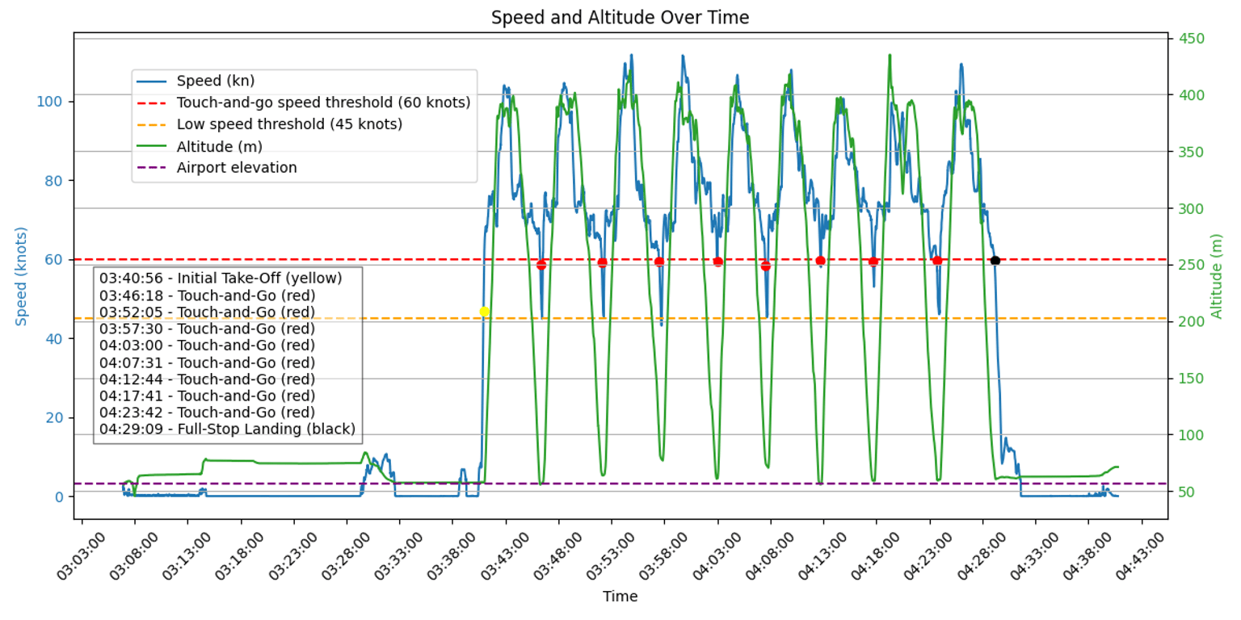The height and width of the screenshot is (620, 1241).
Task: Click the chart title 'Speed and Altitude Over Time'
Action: coord(620,18)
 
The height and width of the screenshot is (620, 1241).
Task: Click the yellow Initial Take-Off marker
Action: coord(485,312)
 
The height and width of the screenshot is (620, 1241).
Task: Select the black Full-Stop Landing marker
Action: coord(995,260)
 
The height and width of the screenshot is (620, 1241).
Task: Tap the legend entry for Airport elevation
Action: coord(237,168)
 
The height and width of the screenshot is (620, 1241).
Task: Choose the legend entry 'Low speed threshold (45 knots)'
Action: coord(289,124)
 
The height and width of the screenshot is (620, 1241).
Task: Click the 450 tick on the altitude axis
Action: coord(1190,39)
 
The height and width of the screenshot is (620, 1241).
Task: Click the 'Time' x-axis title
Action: coord(620,597)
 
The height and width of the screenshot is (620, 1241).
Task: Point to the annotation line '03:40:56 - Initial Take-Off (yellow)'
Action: coord(221,278)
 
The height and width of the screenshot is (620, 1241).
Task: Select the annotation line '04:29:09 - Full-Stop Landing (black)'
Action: coord(227,429)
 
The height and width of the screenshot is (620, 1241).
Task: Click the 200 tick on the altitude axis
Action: coord(1190,322)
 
